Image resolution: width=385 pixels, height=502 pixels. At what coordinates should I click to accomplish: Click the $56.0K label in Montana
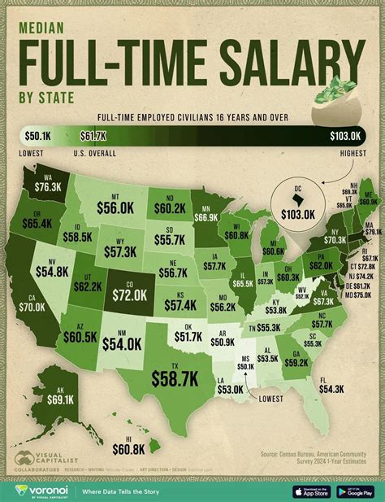pyautogui.click(x=119, y=209)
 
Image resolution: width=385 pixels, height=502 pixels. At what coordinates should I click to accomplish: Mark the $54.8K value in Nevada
pyautogui.click(x=54, y=246)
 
